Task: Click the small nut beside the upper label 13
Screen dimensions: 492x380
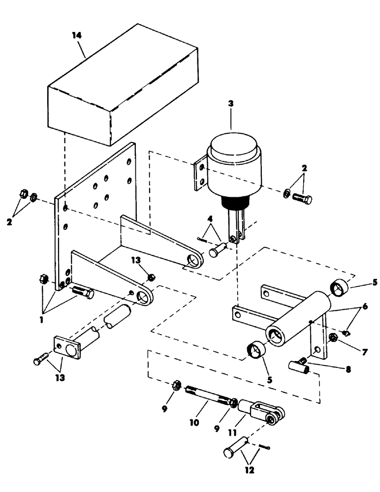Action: click(x=152, y=277)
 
